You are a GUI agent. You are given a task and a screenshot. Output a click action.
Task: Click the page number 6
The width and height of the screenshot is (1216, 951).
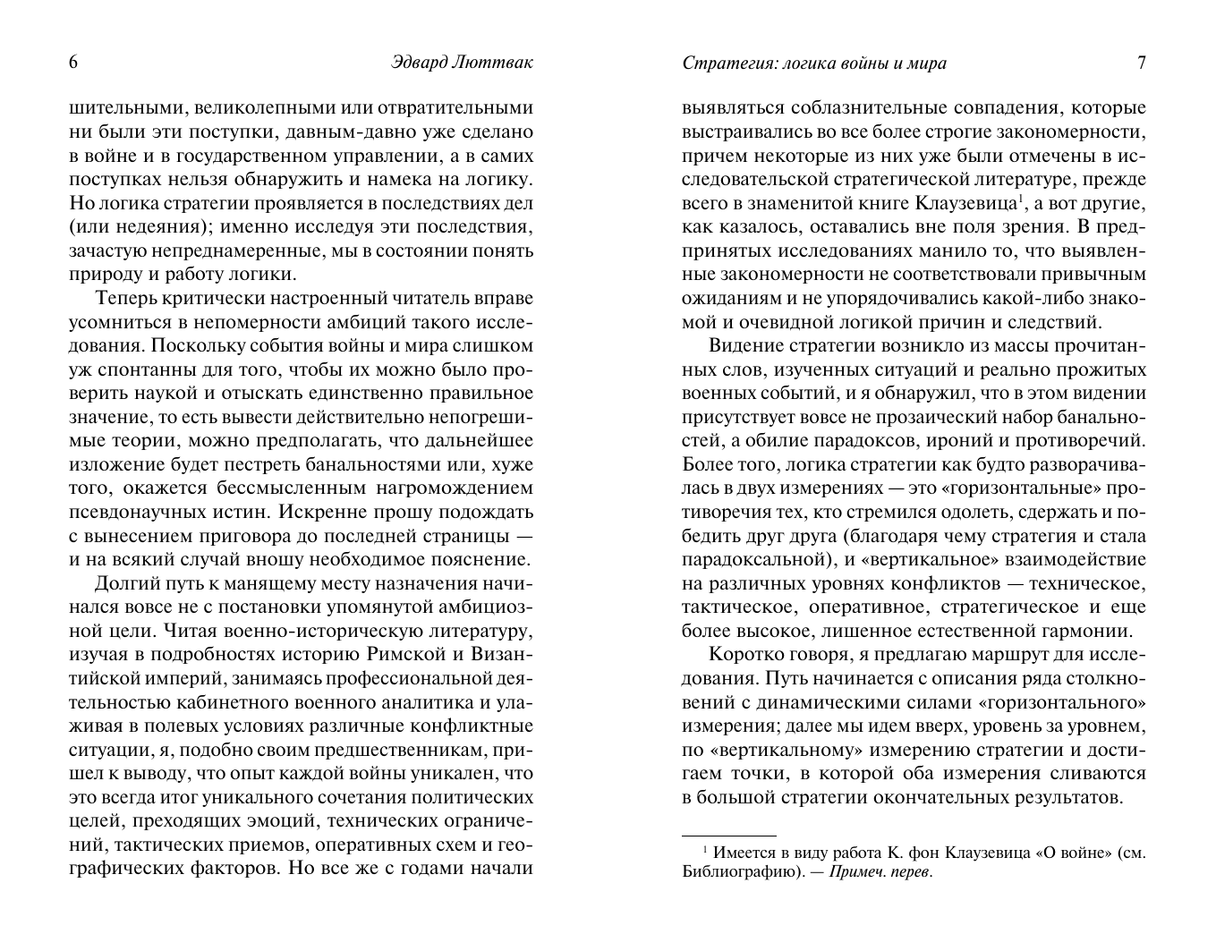(x=73, y=63)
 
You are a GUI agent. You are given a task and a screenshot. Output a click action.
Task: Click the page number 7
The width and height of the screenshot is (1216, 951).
(x=1141, y=63)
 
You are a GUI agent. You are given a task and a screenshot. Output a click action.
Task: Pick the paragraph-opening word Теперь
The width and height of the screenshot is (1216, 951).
(x=129, y=297)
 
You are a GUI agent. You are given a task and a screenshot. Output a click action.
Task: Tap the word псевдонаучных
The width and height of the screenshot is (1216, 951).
(x=129, y=513)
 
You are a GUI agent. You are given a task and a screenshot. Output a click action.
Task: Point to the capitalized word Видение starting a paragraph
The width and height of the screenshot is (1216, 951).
(x=744, y=345)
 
